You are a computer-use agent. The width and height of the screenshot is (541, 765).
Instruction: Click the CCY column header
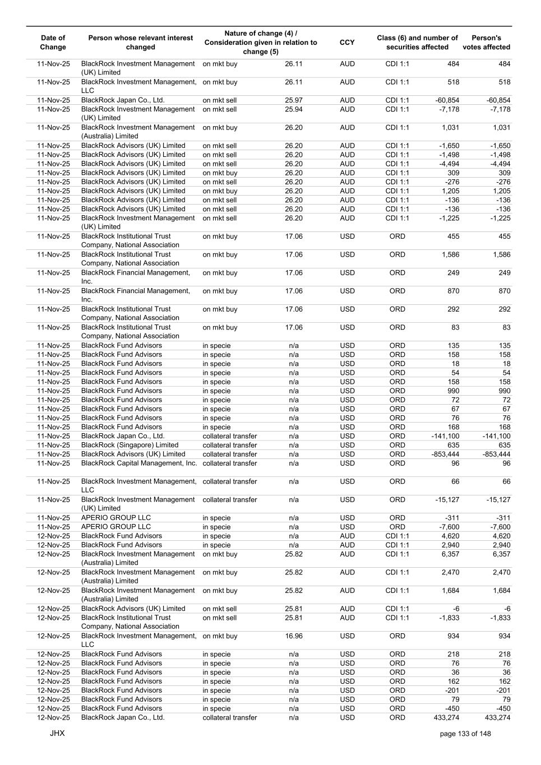[347, 43]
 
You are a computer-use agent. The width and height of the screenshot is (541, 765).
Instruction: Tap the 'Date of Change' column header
[53, 43]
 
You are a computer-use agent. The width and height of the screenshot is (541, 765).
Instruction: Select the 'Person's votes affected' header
[486, 43]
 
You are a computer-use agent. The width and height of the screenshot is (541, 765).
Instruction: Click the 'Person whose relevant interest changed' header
[140, 43]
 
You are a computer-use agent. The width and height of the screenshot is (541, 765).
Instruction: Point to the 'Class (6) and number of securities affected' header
[417, 43]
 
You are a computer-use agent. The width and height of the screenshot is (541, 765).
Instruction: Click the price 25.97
[293, 100]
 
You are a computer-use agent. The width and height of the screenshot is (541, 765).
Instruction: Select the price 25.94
[293, 109]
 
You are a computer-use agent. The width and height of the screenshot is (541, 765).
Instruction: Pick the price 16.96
[293, 636]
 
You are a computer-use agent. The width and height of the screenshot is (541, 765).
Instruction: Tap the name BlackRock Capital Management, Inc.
[139, 463]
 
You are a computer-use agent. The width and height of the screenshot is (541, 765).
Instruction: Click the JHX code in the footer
[57, 733]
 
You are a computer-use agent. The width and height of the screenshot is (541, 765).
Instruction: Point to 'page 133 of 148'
[465, 734]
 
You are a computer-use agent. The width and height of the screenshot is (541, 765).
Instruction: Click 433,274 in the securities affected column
[446, 717]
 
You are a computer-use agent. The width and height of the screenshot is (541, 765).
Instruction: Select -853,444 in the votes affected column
[496, 454]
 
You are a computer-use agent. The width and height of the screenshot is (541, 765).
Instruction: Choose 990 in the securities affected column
[453, 391]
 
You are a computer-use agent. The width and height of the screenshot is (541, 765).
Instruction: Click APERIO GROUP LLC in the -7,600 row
[116, 527]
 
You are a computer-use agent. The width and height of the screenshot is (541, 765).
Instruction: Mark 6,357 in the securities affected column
[450, 554]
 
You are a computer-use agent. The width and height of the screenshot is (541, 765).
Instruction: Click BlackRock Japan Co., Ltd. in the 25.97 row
[123, 100]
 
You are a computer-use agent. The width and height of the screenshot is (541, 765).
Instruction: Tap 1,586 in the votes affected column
[500, 254]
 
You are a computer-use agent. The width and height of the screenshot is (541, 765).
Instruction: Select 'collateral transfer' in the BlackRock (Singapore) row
[230, 445]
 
